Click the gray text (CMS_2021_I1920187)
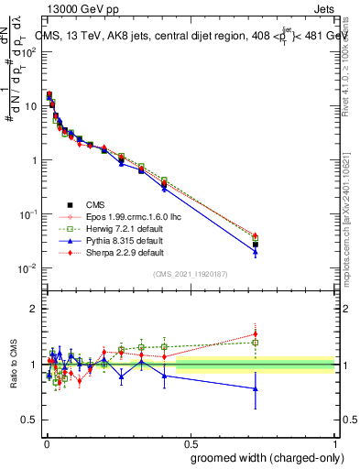pyautogui.click(x=190, y=274)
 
